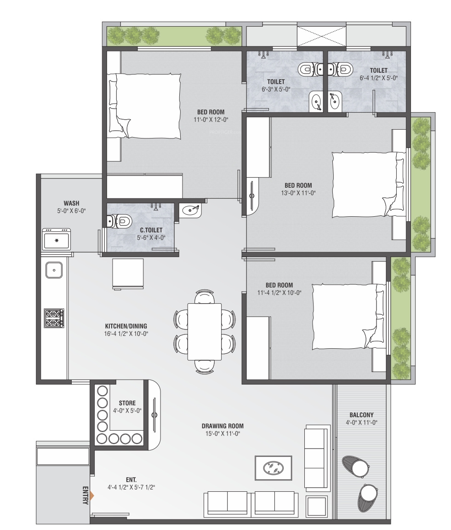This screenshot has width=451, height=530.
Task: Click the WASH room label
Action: [71, 203]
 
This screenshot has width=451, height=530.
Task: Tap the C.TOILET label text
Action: [151, 230]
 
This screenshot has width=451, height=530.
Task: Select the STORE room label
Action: [127, 403]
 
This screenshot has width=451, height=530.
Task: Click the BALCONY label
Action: [361, 415]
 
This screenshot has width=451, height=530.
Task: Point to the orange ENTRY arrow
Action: [92, 496]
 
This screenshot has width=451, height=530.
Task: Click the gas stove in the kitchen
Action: [54, 318]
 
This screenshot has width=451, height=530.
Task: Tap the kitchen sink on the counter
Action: [54, 270]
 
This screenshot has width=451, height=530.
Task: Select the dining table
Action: [205, 332]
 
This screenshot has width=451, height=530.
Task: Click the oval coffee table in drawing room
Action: [273, 468]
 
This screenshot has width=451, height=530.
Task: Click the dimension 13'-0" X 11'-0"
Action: [298, 193]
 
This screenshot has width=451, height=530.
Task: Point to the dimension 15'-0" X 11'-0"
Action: [223, 434]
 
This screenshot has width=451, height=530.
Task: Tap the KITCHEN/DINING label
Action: [126, 326]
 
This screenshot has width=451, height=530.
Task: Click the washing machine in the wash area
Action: [57, 239]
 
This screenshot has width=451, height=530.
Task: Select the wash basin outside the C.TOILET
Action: [190, 210]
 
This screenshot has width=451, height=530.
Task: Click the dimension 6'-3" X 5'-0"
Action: [276, 89]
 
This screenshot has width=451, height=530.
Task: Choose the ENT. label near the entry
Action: [131, 480]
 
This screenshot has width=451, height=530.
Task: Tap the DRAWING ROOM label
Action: [223, 426]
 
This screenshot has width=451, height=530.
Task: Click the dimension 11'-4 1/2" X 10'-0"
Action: [280, 293]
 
